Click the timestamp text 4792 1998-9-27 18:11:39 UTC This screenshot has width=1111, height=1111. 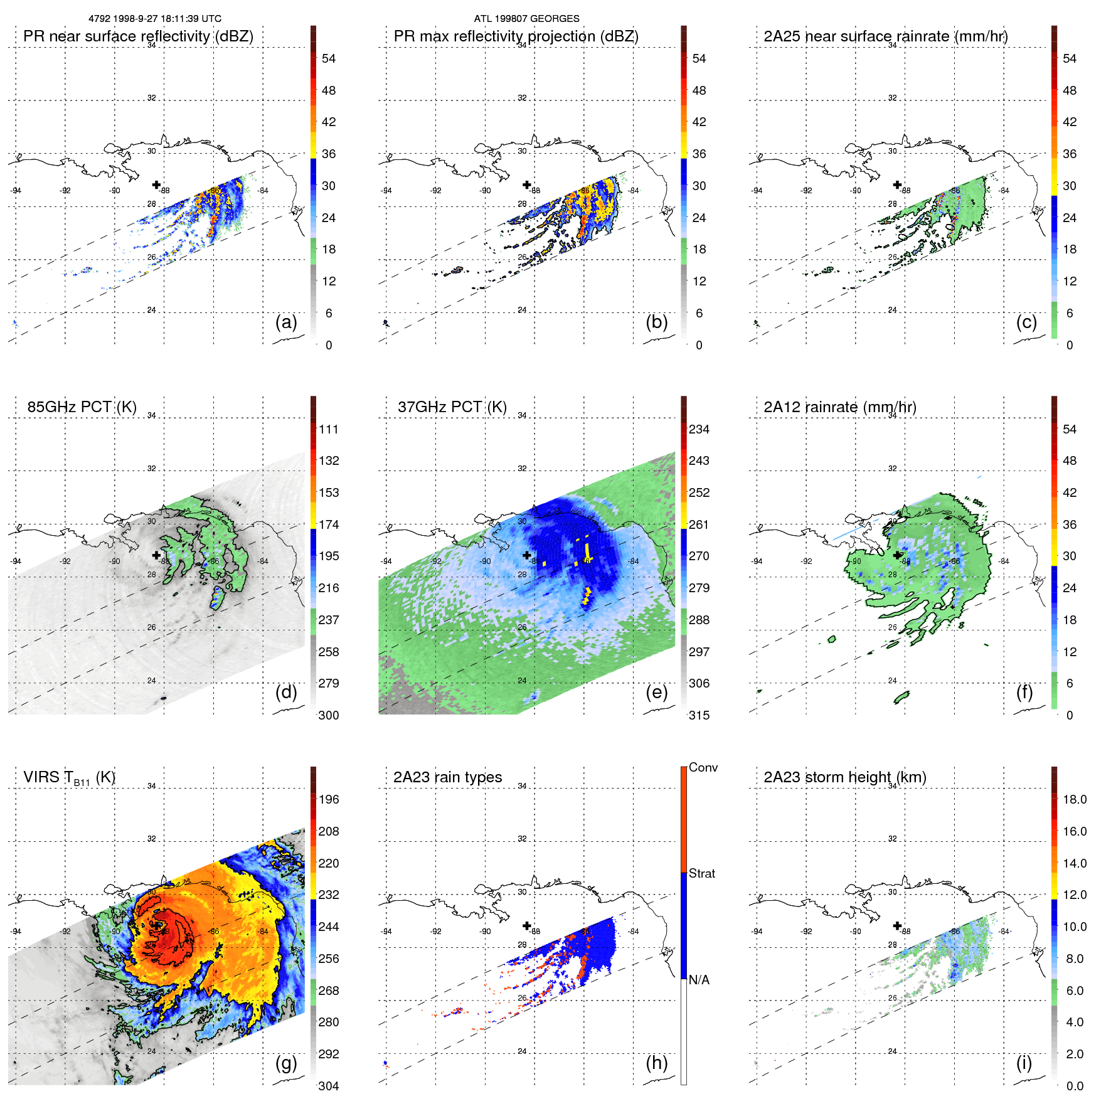click(x=154, y=19)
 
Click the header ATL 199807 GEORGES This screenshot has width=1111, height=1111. click(x=526, y=19)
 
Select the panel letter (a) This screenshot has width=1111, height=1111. click(x=286, y=322)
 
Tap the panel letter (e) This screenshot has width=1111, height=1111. click(x=657, y=692)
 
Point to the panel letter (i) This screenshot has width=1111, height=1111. click(x=1024, y=1063)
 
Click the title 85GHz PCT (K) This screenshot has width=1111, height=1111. click(x=82, y=407)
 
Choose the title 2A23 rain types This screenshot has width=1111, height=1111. click(x=447, y=777)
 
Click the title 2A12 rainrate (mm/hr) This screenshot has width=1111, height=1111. click(x=840, y=407)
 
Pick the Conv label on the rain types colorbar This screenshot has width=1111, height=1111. click(x=703, y=767)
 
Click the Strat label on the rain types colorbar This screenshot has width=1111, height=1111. click(x=702, y=873)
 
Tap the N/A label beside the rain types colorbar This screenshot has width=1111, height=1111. click(x=699, y=980)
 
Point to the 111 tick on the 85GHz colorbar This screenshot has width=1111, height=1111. click(x=329, y=429)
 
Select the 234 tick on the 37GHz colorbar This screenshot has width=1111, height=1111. click(x=699, y=429)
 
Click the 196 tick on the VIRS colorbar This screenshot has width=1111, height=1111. click(x=329, y=799)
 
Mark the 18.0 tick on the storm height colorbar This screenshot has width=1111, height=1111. click(x=1075, y=799)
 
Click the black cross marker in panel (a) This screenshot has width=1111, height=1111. click(x=156, y=184)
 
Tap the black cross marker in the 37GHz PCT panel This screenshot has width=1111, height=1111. click(x=527, y=555)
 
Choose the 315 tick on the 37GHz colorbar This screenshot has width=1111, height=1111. click(x=699, y=715)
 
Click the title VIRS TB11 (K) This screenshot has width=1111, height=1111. click(x=69, y=777)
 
